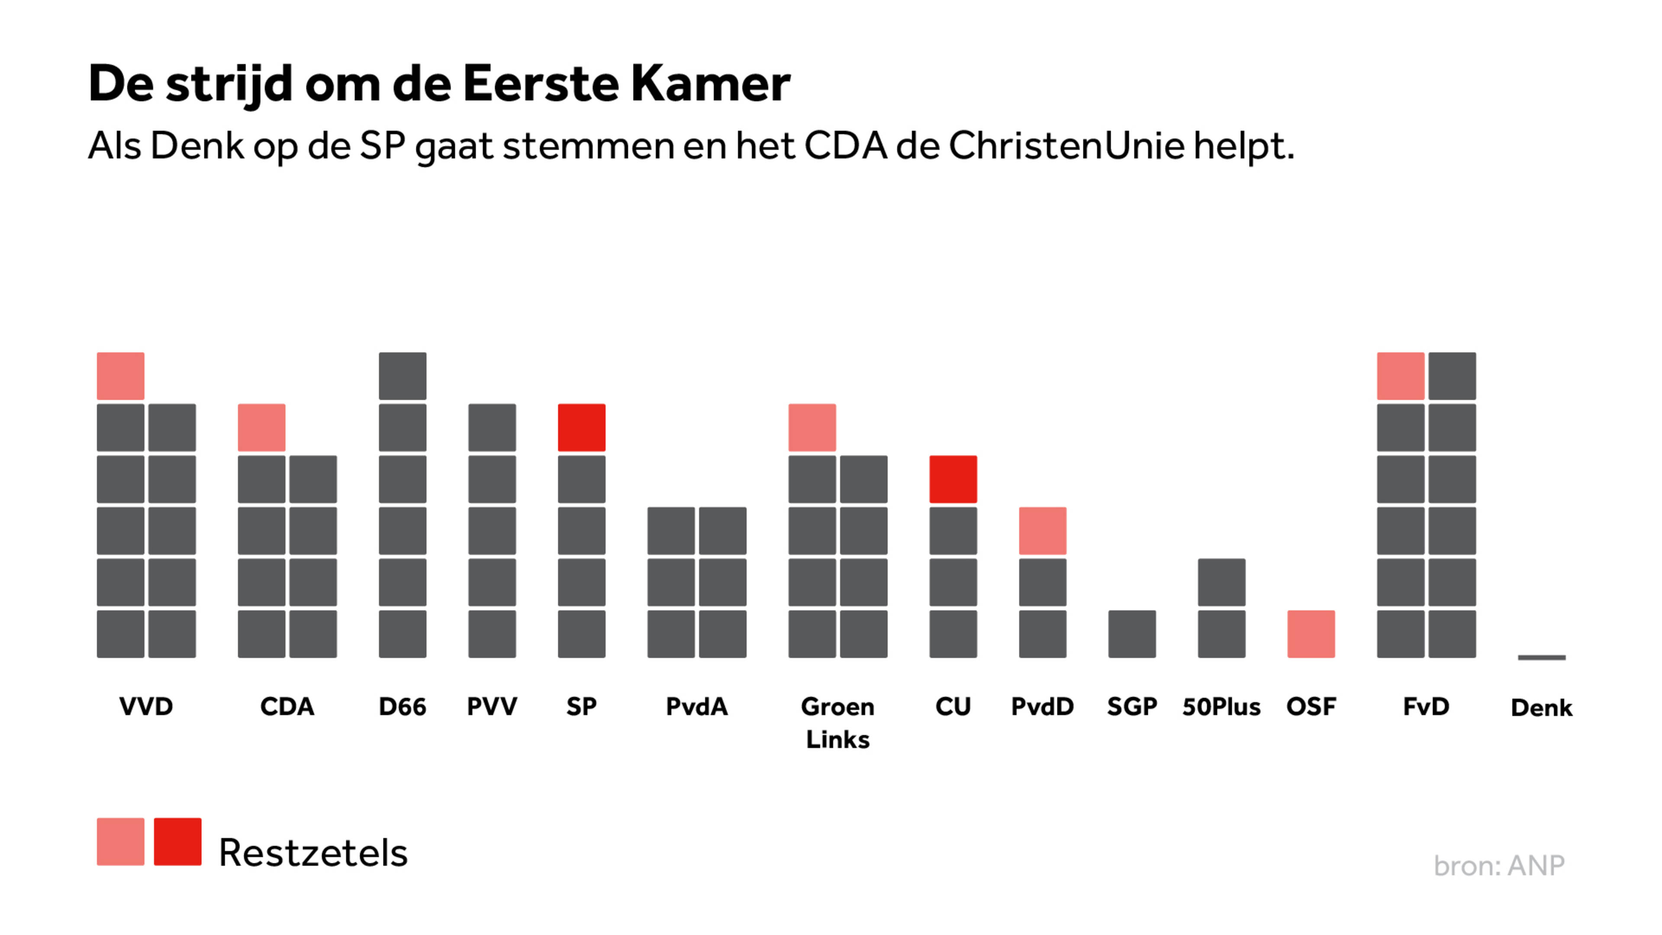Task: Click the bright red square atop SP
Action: pyautogui.click(x=581, y=427)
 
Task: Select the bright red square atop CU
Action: pyautogui.click(x=953, y=479)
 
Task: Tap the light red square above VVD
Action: pyautogui.click(x=121, y=376)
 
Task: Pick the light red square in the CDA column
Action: pyautogui.click(x=261, y=427)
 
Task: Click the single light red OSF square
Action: pyautogui.click(x=1311, y=634)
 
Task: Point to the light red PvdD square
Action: pyautogui.click(x=1043, y=530)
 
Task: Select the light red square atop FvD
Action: pyautogui.click(x=1400, y=376)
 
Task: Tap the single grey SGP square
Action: pyautogui.click(x=1132, y=634)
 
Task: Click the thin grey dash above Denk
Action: pyautogui.click(x=1541, y=658)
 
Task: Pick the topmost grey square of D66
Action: pyautogui.click(x=403, y=376)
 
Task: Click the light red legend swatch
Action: pyautogui.click(x=121, y=841)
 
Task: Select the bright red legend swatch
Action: pyautogui.click(x=177, y=841)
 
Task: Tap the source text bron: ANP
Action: pyautogui.click(x=1499, y=865)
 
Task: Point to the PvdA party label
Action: pyautogui.click(x=697, y=706)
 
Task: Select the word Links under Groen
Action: pyautogui.click(x=837, y=739)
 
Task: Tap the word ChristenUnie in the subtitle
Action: pyautogui.click(x=1066, y=146)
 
